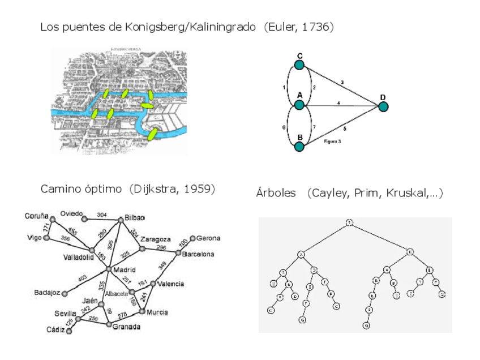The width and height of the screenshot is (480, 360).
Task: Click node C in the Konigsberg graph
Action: pyautogui.click(x=299, y=65)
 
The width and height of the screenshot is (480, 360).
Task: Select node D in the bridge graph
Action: pyautogui.click(x=384, y=106)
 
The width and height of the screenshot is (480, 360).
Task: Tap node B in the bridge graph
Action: pyautogui.click(x=299, y=147)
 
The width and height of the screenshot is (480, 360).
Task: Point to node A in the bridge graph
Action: pyautogui.click(x=299, y=105)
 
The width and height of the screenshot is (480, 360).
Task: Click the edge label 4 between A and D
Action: pyautogui.click(x=338, y=102)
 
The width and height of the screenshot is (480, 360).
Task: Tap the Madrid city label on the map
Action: pyautogui.click(x=125, y=269)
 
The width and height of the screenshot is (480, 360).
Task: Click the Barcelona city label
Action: pyautogui.click(x=199, y=255)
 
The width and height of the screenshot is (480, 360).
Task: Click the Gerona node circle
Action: pyautogui.click(x=192, y=239)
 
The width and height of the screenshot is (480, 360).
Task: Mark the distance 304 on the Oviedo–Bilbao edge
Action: pyautogui.click(x=102, y=215)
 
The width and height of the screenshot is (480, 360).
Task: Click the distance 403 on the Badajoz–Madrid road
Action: pyautogui.click(x=84, y=277)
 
